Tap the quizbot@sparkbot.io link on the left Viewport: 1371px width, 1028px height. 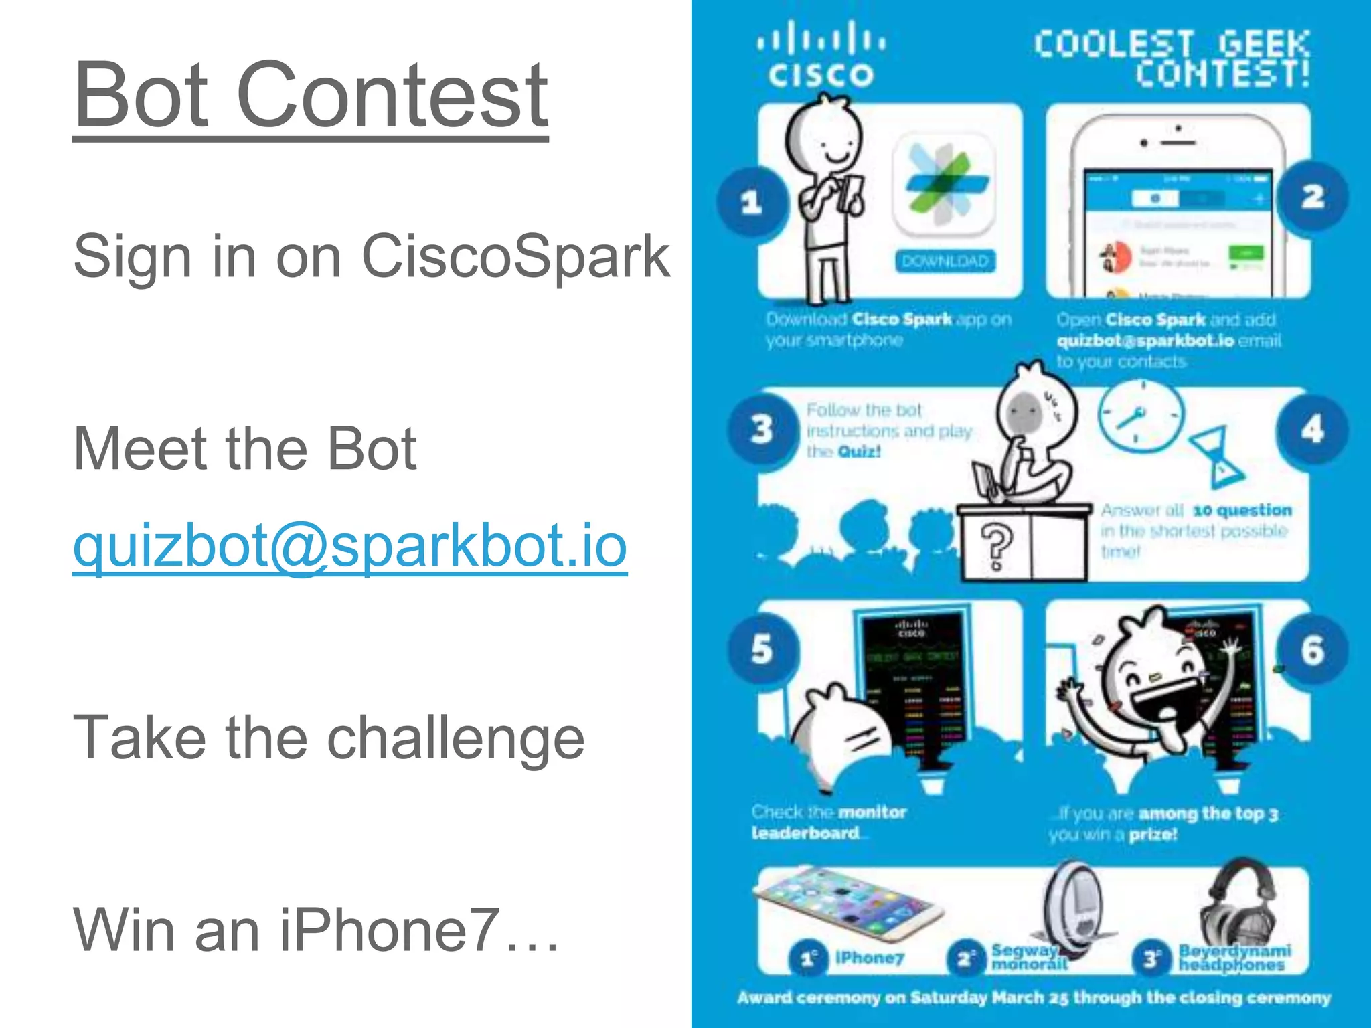click(349, 545)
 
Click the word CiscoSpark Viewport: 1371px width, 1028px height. click(515, 256)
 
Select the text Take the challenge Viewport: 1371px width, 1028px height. click(328, 737)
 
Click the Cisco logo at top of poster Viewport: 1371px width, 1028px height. click(821, 55)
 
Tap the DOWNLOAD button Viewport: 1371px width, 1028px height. click(945, 261)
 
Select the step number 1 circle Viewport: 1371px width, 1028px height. click(752, 201)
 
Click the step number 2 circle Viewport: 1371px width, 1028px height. click(1312, 197)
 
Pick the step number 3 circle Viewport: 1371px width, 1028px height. click(762, 428)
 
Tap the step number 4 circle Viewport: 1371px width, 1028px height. click(1312, 430)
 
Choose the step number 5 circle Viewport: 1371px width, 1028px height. click(762, 649)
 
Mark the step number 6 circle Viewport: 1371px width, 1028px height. click(1312, 650)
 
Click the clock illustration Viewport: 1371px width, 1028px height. click(1141, 416)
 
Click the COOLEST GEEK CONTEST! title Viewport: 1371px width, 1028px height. click(1172, 59)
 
